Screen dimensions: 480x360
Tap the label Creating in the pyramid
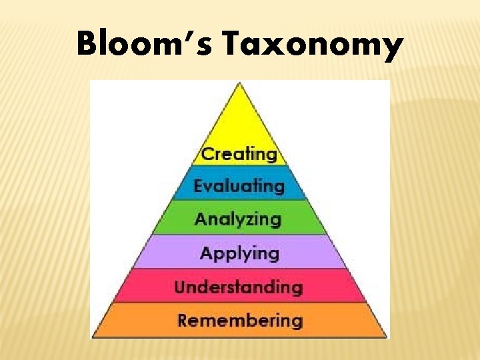click(x=239, y=154)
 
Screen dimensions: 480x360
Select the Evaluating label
click(x=239, y=186)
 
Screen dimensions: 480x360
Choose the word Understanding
click(x=239, y=287)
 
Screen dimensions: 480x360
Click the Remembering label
click(x=239, y=321)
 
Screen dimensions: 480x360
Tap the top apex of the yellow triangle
click(x=240, y=82)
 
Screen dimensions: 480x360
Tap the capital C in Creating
click(x=207, y=154)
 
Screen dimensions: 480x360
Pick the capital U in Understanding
click(x=180, y=287)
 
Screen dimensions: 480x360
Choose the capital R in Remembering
click(x=183, y=321)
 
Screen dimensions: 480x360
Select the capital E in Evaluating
click(x=199, y=186)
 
